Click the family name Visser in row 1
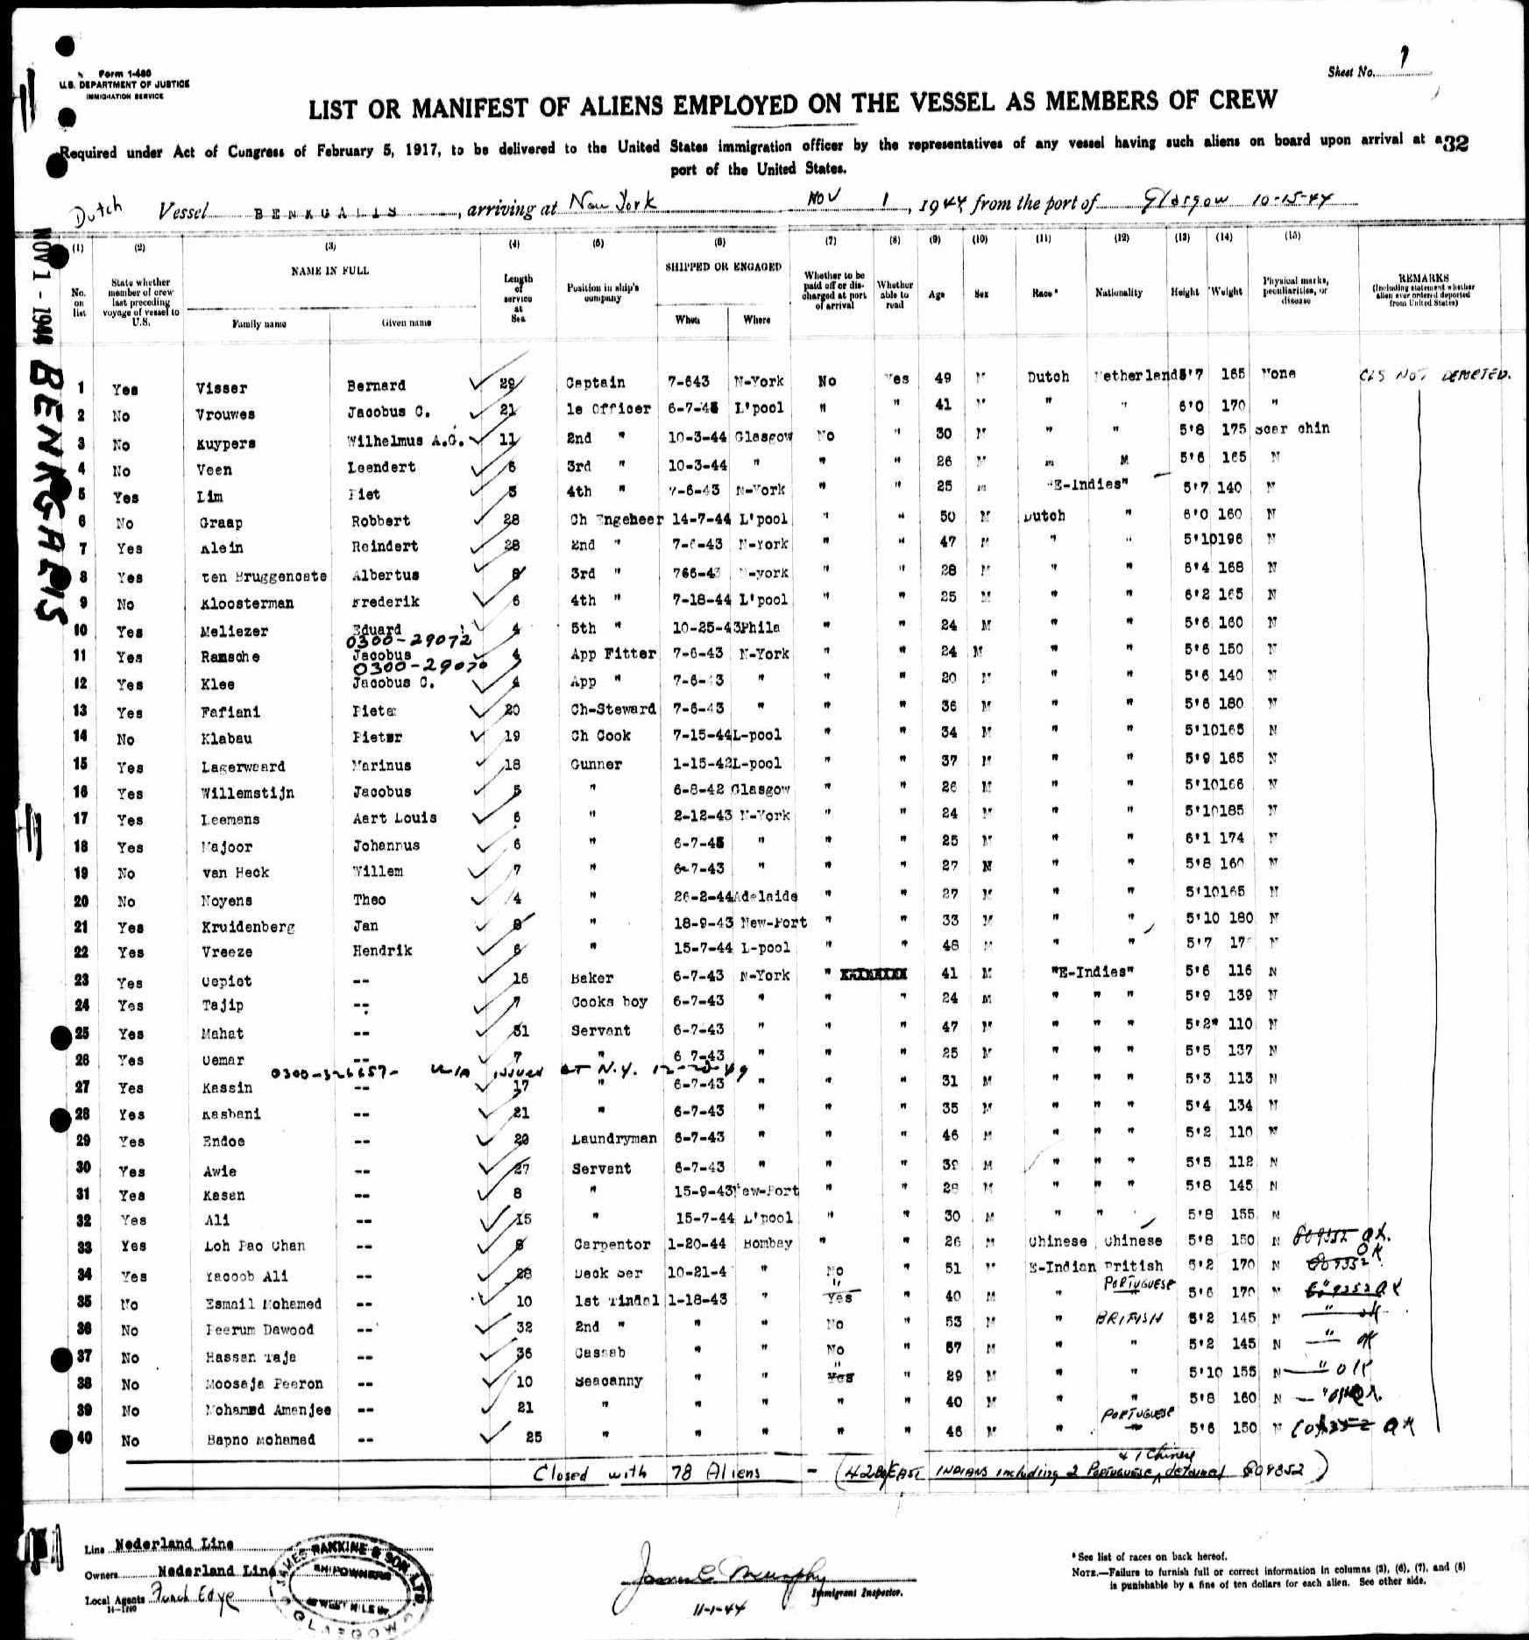(x=222, y=388)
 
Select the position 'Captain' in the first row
(x=595, y=383)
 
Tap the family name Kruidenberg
(x=247, y=927)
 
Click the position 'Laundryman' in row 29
(x=613, y=1138)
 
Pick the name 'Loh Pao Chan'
(x=249, y=1246)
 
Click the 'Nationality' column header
(x=1118, y=293)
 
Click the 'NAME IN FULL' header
(x=330, y=271)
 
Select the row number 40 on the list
(x=83, y=1438)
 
